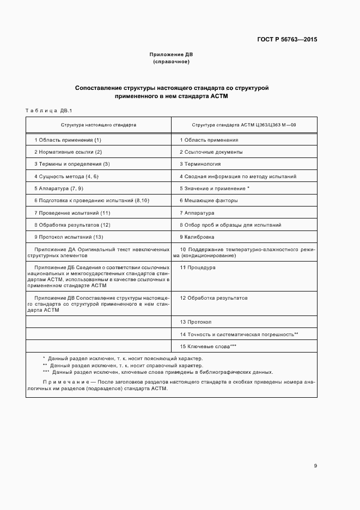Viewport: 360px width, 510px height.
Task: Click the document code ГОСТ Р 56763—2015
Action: [288, 40]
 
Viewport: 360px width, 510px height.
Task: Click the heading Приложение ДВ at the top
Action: [171, 54]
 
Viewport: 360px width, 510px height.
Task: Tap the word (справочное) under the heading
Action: [171, 62]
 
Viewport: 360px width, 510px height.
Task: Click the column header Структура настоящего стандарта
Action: [99, 125]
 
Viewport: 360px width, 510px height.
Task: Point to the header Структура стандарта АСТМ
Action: [243, 125]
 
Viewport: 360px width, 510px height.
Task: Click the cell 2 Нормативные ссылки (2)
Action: [68, 152]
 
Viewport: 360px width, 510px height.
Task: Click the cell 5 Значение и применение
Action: [215, 189]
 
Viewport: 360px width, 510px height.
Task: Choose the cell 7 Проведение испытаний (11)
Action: [72, 213]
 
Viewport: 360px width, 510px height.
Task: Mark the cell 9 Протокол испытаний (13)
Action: [69, 237]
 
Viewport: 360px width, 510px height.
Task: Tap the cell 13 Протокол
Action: [196, 322]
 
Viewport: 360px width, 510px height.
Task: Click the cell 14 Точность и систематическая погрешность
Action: [239, 334]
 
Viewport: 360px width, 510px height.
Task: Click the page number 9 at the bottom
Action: [315, 465]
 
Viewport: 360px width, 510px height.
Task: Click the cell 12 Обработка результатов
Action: [213, 298]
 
